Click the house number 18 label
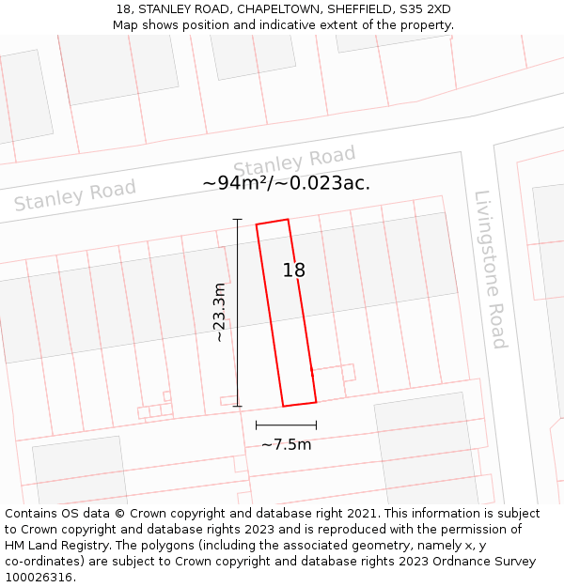click(294, 270)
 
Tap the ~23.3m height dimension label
click(219, 313)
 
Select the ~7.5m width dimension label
click(286, 444)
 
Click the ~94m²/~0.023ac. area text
click(286, 183)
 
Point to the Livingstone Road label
click(491, 270)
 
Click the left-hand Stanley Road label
click(75, 195)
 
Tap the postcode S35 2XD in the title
click(425, 9)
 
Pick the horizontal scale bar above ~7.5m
click(286, 425)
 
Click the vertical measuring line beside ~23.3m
click(237, 313)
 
